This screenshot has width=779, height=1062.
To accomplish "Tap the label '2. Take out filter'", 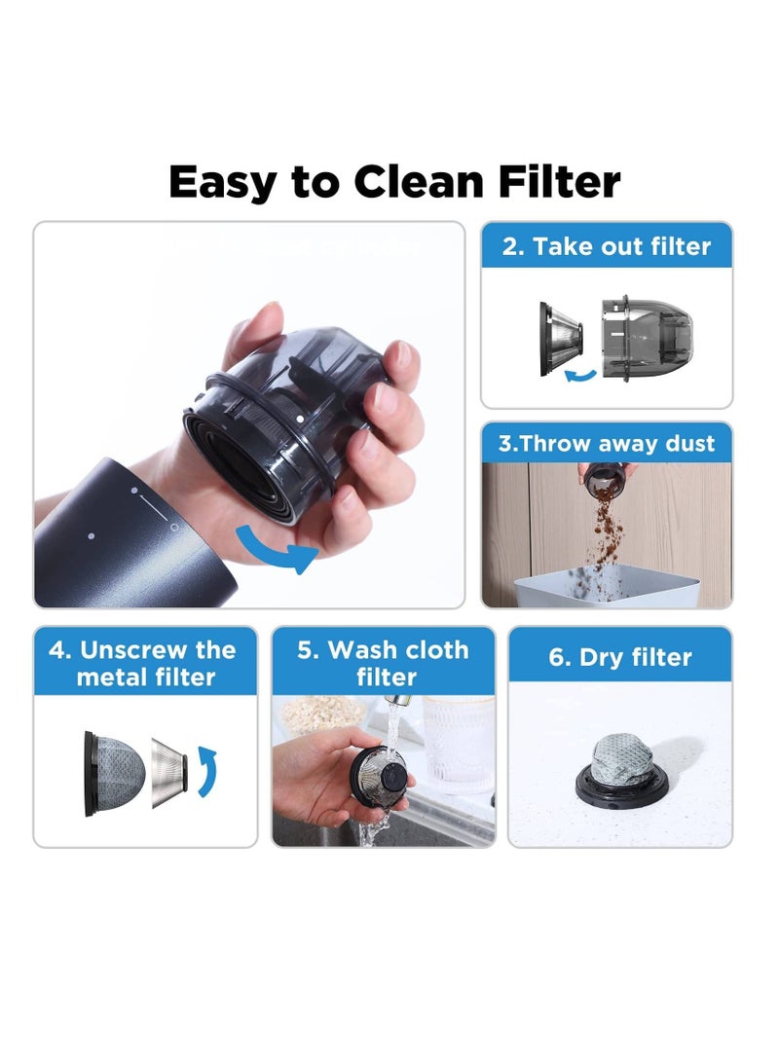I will [607, 246].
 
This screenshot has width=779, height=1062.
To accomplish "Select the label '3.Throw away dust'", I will [607, 444].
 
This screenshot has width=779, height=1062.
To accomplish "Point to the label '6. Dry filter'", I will [619, 657].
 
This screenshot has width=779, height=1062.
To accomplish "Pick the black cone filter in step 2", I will [561, 338].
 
